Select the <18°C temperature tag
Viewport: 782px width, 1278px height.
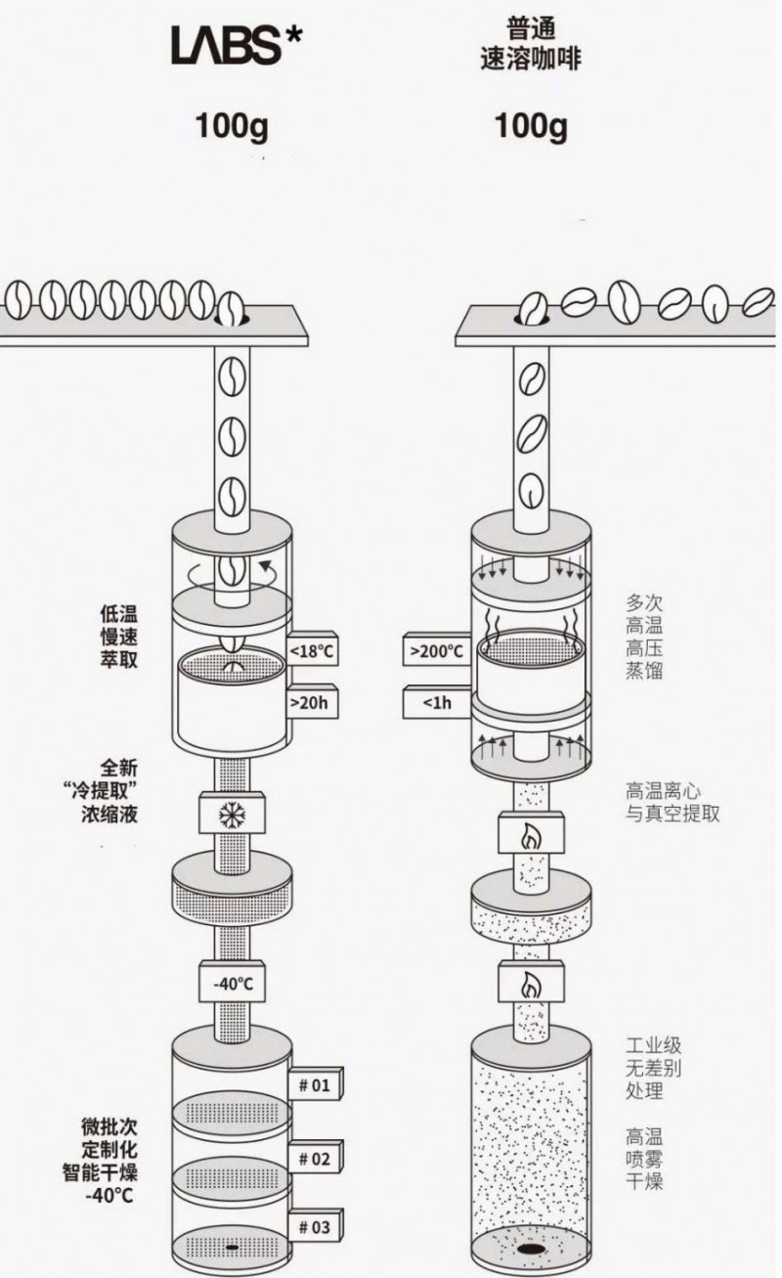tap(312, 650)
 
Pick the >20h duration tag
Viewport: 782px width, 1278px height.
tap(312, 702)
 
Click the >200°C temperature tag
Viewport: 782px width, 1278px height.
tap(437, 650)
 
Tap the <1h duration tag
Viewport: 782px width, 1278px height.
tap(437, 702)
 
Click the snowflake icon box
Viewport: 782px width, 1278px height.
tap(232, 813)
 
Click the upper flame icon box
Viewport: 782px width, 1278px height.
tap(531, 833)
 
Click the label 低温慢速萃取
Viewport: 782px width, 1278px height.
tap(119, 637)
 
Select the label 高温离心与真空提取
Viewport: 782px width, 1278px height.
tap(673, 802)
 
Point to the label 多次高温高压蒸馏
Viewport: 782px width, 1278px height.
tap(644, 637)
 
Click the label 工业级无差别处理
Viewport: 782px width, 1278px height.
tap(654, 1068)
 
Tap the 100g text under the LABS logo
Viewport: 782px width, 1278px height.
tap(232, 127)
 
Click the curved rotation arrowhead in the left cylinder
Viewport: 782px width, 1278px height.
tap(265, 566)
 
